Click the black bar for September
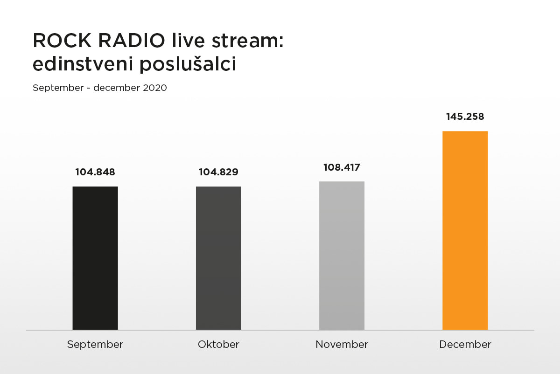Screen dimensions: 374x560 pyautogui.click(x=95, y=258)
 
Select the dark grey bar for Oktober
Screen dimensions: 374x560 pyautogui.click(x=218, y=258)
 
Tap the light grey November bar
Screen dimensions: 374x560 pyautogui.click(x=342, y=256)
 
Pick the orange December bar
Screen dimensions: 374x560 pyautogui.click(x=465, y=230)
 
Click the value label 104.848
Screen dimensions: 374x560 pyautogui.click(x=95, y=172)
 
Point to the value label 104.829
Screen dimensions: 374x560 pyautogui.click(x=218, y=172)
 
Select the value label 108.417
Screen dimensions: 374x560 pyautogui.click(x=342, y=167)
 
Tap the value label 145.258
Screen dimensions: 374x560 pyautogui.click(x=465, y=117)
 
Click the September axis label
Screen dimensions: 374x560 pyautogui.click(x=95, y=345)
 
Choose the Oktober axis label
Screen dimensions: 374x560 pyautogui.click(x=218, y=345)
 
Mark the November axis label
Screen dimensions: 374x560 pyautogui.click(x=342, y=345)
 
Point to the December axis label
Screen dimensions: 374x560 pyautogui.click(x=465, y=345)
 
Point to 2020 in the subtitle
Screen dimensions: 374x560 pyautogui.click(x=155, y=88)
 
